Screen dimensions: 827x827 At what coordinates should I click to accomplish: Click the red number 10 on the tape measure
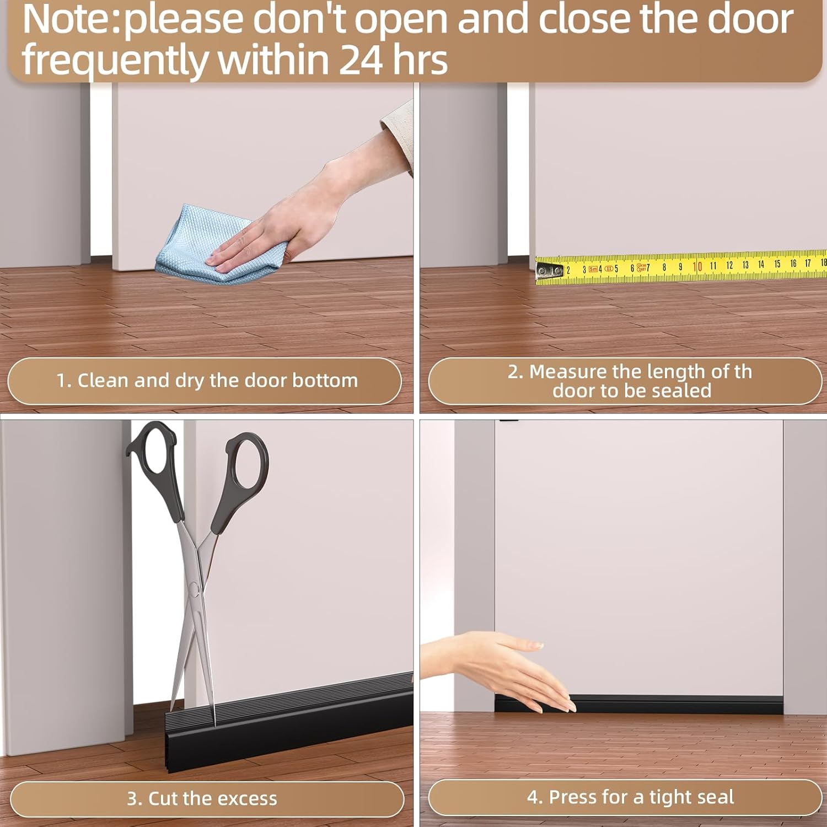coord(697,267)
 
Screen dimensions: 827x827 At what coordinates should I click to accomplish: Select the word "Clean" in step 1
coord(103,380)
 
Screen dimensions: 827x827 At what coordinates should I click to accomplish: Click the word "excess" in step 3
coord(247,798)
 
